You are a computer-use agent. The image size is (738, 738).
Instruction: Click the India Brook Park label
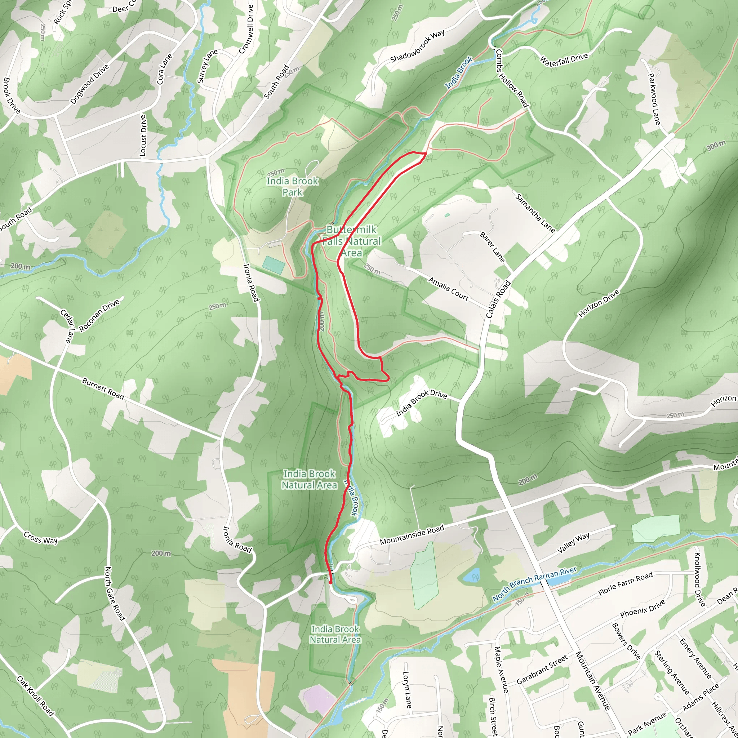pos(292,186)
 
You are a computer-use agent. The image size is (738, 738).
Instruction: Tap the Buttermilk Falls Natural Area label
pos(351,241)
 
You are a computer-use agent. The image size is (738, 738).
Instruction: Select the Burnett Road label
pos(103,389)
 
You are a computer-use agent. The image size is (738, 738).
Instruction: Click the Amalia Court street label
pos(448,289)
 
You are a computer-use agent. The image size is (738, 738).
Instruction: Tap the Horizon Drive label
pos(599,304)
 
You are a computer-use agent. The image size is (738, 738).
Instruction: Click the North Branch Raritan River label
pos(534,584)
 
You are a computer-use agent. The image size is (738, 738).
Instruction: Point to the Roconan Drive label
pos(99,315)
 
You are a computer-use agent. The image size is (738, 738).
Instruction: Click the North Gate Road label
pos(115,593)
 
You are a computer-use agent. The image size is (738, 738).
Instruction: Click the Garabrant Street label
pos(542,670)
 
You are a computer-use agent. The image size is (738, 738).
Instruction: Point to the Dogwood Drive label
pos(90,84)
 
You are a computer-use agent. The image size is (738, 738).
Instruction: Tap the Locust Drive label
pos(143,135)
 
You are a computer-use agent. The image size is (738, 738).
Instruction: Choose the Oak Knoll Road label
pos(35,695)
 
